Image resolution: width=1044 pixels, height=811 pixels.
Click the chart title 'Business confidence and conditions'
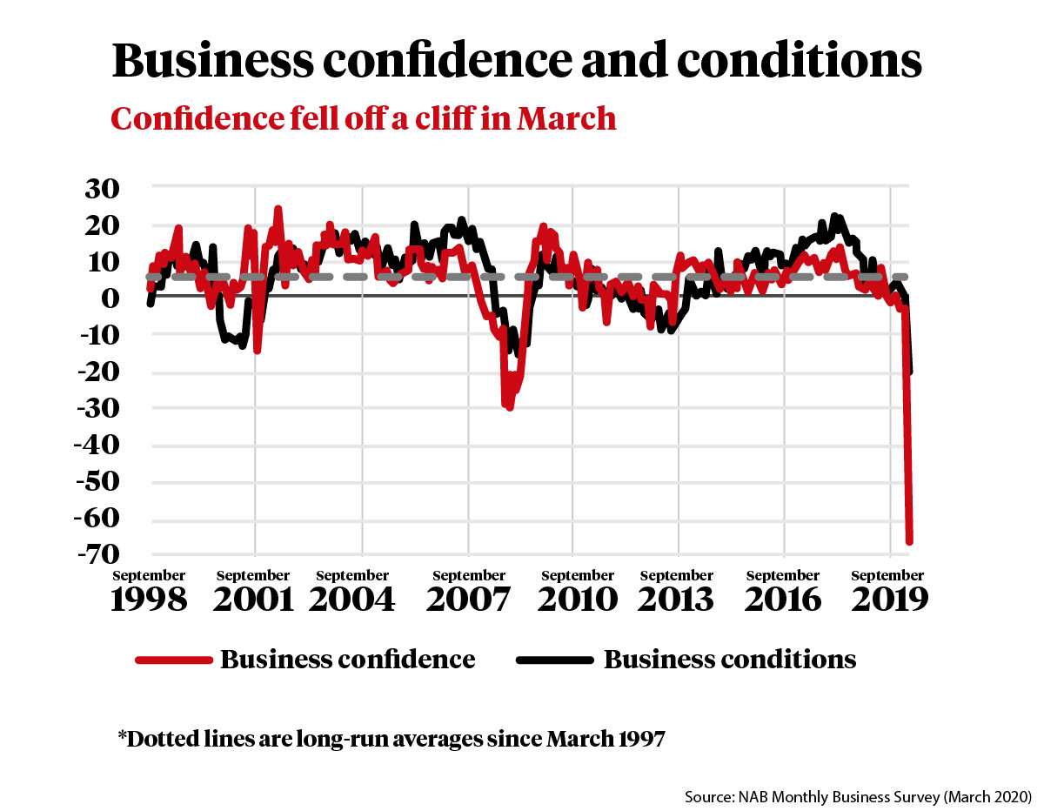pyautogui.click(x=517, y=61)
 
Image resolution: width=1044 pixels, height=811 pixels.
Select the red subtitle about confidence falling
pyautogui.click(x=364, y=117)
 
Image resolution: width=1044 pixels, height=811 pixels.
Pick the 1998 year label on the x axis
pyautogui.click(x=149, y=600)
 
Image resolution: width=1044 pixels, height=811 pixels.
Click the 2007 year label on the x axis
pyautogui.click(x=469, y=600)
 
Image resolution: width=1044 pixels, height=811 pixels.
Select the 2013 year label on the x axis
pyautogui.click(x=676, y=600)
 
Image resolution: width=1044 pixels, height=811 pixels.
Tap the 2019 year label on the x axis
pyautogui.click(x=887, y=600)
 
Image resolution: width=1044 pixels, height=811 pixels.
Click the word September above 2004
pyautogui.click(x=352, y=576)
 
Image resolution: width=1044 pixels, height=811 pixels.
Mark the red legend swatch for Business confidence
pyautogui.click(x=174, y=660)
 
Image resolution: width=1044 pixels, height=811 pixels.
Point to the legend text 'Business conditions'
pyautogui.click(x=730, y=660)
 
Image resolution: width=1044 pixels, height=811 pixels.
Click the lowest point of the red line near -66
pyautogui.click(x=909, y=541)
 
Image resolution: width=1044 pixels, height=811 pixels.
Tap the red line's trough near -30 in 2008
pyautogui.click(x=509, y=407)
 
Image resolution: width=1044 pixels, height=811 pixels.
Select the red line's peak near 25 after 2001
pyautogui.click(x=278, y=209)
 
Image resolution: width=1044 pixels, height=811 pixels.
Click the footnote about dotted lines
pyautogui.click(x=391, y=740)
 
